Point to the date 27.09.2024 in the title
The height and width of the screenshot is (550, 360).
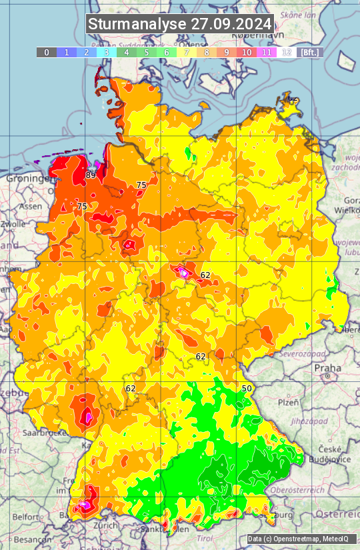pyautogui.click(x=231, y=24)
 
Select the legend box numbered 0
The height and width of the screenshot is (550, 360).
pyautogui.click(x=46, y=52)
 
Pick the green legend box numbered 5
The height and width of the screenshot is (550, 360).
pyautogui.click(x=147, y=52)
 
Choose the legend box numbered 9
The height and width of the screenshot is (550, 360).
pyautogui.click(x=227, y=52)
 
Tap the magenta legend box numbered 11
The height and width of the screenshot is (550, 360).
pyautogui.click(x=267, y=52)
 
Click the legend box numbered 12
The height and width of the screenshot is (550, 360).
pyautogui.click(x=287, y=52)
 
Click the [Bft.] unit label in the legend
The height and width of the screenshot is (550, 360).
pyautogui.click(x=310, y=52)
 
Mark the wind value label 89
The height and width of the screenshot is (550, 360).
pyautogui.click(x=91, y=175)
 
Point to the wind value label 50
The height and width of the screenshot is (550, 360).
pyautogui.click(x=247, y=388)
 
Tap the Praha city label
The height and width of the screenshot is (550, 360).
pyautogui.click(x=327, y=367)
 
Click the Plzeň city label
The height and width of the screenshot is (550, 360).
pyautogui.click(x=288, y=403)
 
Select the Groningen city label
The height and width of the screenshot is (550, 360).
pyautogui.click(x=29, y=179)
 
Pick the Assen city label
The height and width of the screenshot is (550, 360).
pyautogui.click(x=30, y=207)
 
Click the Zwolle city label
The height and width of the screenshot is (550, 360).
pyautogui.click(x=13, y=224)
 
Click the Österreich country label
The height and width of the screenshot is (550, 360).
pyautogui.click(x=338, y=514)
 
